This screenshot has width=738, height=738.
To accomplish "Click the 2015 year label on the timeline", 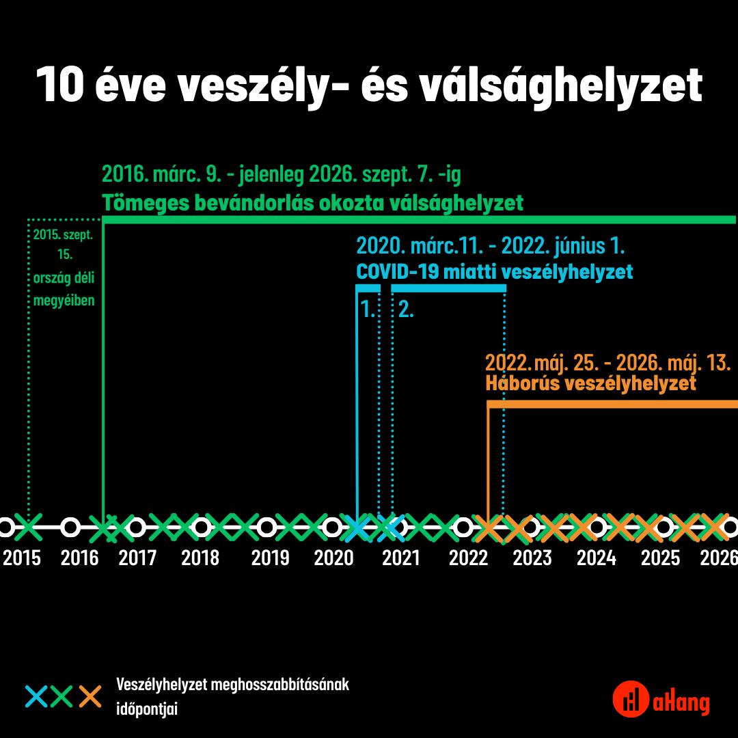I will tap(22, 558).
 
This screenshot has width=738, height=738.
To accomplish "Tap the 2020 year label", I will tap(333, 558).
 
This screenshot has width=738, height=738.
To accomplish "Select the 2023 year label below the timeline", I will tap(532, 558).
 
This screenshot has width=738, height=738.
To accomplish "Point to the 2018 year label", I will tap(200, 558).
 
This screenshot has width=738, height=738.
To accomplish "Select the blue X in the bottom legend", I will tap(36, 696).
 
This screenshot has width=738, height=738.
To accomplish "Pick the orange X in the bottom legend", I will tap(90, 696).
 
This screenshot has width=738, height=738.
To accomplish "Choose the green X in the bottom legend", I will tap(62, 696).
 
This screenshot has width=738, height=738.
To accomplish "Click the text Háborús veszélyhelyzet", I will tap(590, 383).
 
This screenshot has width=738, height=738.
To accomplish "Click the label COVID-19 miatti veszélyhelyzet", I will tap(494, 272).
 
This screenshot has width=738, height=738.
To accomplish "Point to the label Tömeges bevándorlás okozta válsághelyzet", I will tap(312, 203).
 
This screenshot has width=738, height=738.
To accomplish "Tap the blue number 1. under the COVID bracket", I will tap(368, 310).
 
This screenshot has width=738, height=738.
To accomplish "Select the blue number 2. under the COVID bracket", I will tap(406, 310).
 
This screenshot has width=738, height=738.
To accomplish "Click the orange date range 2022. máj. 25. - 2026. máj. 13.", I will tap(607, 361).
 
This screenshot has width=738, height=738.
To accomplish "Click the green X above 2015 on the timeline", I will tap(29, 527).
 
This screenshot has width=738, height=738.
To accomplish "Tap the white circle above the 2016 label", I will tap(70, 527).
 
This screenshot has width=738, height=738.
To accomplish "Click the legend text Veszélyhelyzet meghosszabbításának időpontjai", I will tap(233, 696).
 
